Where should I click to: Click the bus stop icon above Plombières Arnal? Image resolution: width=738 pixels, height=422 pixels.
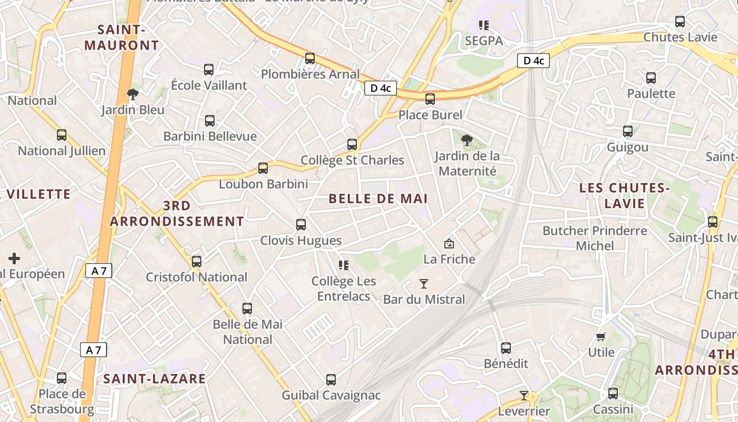(x=310, y=59)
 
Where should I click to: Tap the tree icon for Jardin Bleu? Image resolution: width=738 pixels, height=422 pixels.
(x=133, y=94)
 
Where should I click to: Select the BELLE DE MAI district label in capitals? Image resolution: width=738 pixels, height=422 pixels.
(x=378, y=199)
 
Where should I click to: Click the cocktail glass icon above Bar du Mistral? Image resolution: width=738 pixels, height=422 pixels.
(x=424, y=284)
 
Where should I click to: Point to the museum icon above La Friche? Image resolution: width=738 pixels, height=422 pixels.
(x=449, y=244)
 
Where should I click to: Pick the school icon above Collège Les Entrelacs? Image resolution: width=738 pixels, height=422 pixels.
(x=344, y=265)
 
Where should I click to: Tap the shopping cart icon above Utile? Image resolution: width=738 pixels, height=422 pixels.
(x=601, y=337)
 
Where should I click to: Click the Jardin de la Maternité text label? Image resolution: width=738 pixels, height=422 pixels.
(x=467, y=164)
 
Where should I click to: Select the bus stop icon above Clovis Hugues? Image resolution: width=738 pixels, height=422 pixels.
(x=301, y=225)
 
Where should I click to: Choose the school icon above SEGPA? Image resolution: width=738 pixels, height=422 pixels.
(x=484, y=25)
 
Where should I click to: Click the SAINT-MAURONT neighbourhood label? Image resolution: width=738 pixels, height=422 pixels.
(x=121, y=37)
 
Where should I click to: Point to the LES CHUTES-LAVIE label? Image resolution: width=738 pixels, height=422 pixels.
(x=624, y=196)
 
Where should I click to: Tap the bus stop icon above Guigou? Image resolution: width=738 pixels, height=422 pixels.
(x=628, y=131)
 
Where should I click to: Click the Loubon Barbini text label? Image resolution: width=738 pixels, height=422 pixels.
(x=263, y=184)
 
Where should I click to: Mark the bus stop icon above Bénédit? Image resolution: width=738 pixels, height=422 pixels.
(x=506, y=348)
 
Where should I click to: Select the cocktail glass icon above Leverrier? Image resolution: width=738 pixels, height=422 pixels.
(x=524, y=395)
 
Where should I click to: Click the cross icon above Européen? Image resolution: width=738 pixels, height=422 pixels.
(x=14, y=258)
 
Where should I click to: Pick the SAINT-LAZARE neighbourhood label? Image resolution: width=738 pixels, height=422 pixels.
(x=154, y=379)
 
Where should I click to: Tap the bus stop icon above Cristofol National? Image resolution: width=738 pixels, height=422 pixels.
(x=197, y=261)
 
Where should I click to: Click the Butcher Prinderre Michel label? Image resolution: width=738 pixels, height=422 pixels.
(x=595, y=238)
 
